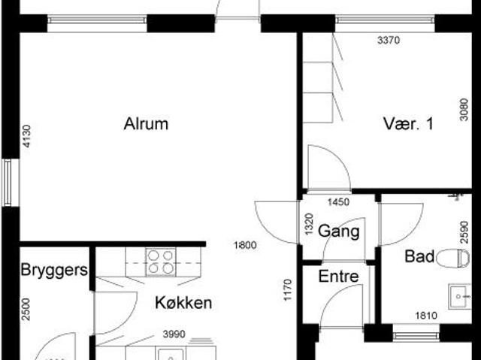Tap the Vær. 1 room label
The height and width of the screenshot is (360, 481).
tap(408, 125)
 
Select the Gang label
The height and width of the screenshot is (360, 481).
tap(338, 231)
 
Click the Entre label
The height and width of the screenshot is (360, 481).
tap(338, 277)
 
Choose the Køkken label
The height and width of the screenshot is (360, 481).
tap(183, 304)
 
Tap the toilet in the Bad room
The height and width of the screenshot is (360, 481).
tap(452, 258)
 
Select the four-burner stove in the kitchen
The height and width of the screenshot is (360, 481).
tap(159, 262)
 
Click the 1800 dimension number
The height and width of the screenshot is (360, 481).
tap(245, 244)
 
